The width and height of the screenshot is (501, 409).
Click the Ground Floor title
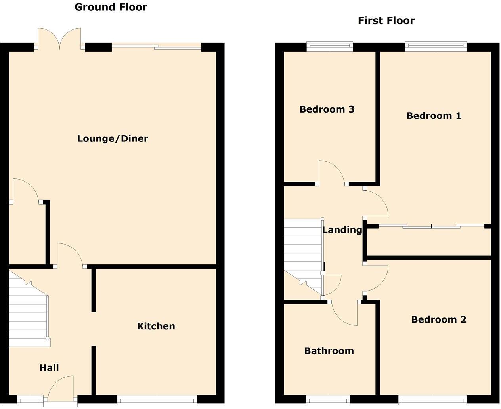(x=111, y=7)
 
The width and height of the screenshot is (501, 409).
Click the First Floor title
(x=386, y=21)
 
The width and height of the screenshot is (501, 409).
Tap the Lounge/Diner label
(x=113, y=139)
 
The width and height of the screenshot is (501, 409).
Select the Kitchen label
(x=156, y=326)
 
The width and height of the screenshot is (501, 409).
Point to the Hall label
(x=49, y=368)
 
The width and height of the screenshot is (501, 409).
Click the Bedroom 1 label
(x=434, y=116)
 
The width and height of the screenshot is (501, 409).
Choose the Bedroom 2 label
(x=438, y=319)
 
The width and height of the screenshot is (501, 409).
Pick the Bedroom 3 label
(x=327, y=109)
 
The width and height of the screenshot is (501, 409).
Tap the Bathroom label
(x=329, y=351)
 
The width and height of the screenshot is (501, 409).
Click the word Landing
(x=342, y=230)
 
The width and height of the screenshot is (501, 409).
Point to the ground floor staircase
(x=28, y=313)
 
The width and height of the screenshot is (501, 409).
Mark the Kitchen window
(x=157, y=400)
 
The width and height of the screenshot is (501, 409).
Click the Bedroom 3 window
(x=330, y=47)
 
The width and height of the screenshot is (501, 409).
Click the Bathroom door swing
(x=345, y=313)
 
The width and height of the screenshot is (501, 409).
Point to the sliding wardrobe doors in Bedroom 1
(x=431, y=226)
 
